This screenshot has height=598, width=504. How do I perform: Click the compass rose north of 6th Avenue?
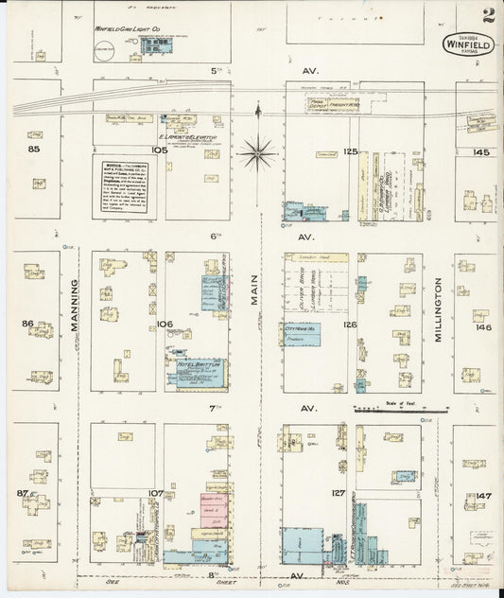tap(257, 150)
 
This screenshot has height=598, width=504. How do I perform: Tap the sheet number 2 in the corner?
tap(487, 15)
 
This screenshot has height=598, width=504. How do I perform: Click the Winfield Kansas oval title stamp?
tap(467, 44)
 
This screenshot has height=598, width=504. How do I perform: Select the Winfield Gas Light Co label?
tap(129, 29)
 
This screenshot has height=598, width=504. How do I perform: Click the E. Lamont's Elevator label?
tap(187, 137)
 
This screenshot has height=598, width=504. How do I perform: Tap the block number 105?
tap(159, 149)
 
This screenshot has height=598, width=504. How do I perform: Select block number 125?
tap(351, 151)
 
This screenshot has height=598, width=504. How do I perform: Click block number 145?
tap(481, 151)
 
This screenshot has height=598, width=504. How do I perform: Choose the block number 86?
tap(28, 323)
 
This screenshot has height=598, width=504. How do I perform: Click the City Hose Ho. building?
tap(303, 333)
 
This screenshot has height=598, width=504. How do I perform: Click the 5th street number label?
tap(216, 70)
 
